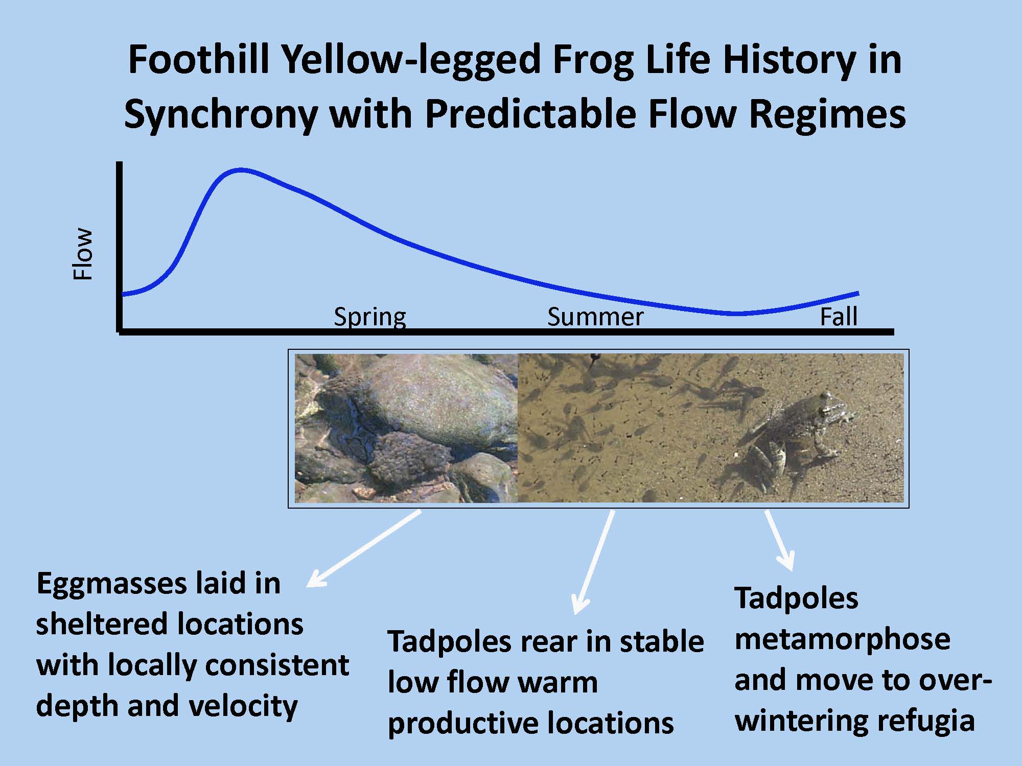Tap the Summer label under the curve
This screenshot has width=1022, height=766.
tap(595, 317)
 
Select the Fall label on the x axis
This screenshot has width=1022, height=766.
tap(839, 317)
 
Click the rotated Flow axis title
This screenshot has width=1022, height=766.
tap(83, 254)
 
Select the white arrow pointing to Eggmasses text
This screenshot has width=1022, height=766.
tap(363, 548)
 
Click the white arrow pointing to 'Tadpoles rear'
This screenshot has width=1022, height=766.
tap(593, 562)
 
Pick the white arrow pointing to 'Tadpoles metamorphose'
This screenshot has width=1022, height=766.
tap(780, 539)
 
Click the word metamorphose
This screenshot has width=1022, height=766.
tap(842, 640)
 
